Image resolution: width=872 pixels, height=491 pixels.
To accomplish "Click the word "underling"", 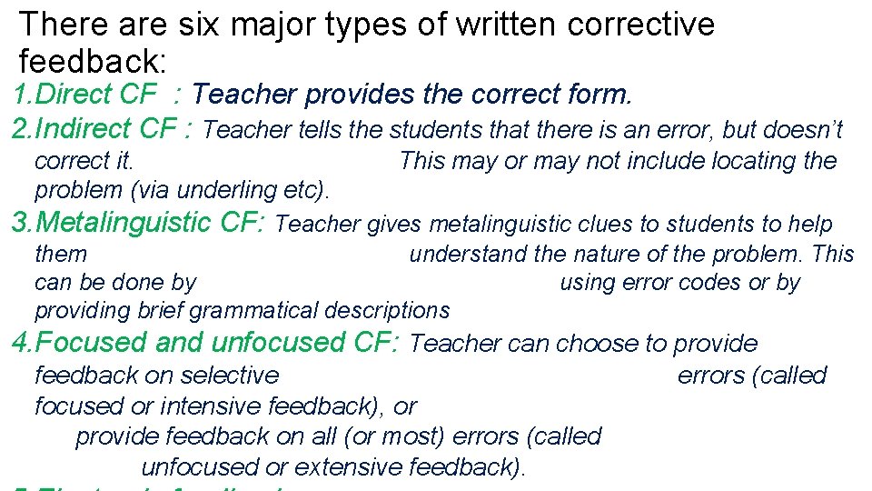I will (219, 190).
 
